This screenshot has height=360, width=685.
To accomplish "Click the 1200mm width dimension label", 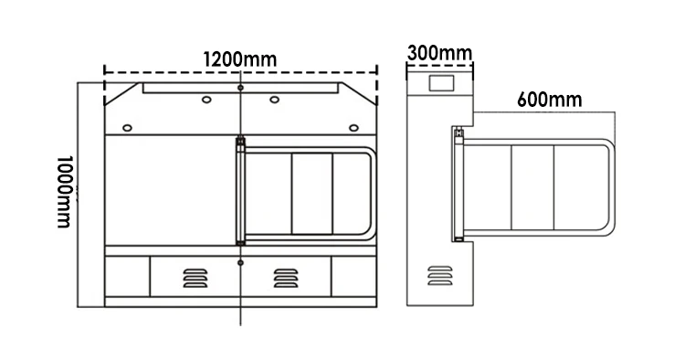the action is click(240, 59).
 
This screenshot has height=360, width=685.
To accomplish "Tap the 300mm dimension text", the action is click(439, 53).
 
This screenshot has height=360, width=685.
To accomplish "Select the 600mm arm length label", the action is click(550, 100).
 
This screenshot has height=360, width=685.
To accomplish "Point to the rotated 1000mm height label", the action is click(64, 192).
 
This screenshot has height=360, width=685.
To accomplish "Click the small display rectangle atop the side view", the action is click(441, 83).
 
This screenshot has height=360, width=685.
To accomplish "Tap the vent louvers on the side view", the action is click(440, 276).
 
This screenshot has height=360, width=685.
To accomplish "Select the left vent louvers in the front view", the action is click(195, 279).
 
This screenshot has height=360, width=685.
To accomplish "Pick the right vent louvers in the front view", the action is click(286, 279).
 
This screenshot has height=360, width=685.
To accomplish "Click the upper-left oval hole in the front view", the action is click(206, 100).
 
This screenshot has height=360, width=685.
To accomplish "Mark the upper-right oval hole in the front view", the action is click(274, 100).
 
